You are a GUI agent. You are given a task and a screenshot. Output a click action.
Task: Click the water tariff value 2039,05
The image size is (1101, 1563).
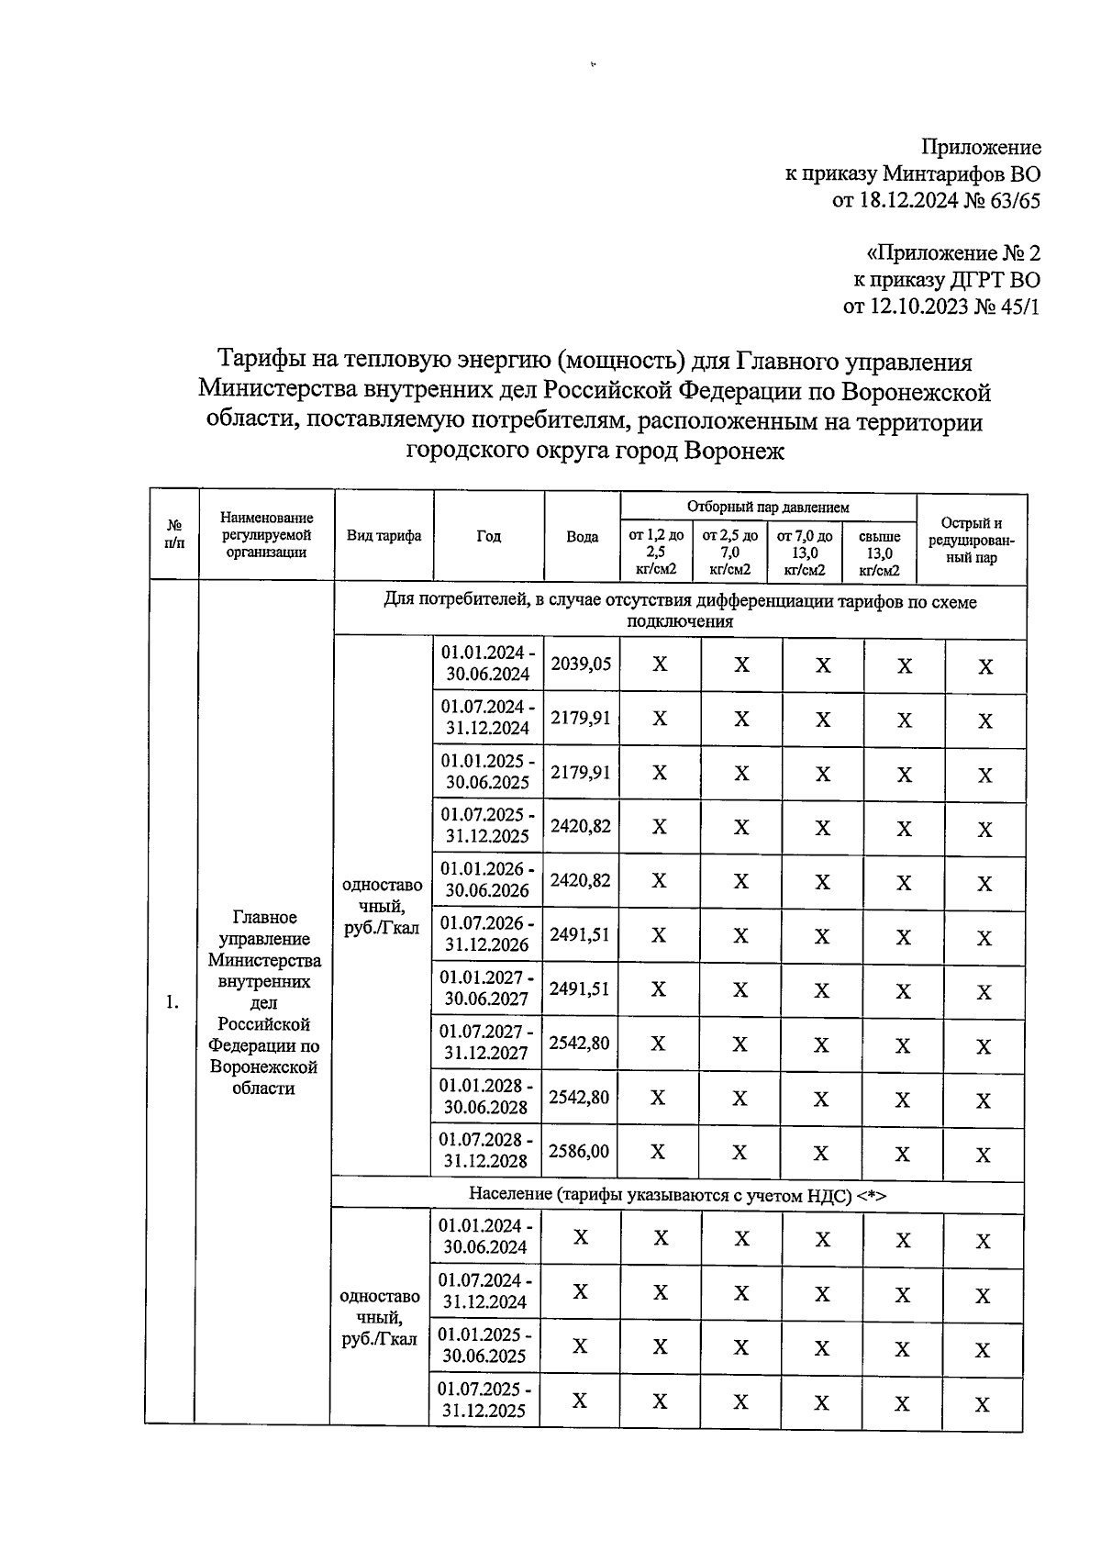click(580, 664)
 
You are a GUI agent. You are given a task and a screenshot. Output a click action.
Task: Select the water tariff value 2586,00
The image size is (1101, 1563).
click(578, 1151)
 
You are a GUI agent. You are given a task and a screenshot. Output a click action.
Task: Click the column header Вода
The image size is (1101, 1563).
click(582, 537)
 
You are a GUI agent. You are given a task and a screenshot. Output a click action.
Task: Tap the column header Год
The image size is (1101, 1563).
click(488, 536)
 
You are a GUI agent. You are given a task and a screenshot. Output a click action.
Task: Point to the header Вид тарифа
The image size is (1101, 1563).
click(384, 536)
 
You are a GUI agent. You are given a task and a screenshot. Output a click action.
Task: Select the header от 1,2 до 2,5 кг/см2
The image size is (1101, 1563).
click(655, 552)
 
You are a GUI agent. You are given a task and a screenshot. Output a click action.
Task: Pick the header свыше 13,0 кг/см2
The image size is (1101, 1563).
click(879, 552)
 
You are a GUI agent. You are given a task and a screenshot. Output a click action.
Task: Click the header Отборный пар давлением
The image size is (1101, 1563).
click(768, 507)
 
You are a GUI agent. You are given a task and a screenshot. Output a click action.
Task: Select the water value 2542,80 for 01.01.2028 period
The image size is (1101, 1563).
click(578, 1097)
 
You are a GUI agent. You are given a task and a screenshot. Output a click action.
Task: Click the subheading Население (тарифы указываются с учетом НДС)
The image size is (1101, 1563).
click(677, 1195)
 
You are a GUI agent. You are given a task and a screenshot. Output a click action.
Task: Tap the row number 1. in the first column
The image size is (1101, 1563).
click(172, 1002)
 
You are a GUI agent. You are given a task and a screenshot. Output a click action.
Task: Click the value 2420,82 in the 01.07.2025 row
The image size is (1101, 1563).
click(580, 826)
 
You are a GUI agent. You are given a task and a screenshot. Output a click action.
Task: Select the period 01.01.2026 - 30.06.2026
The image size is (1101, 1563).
click(487, 879)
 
